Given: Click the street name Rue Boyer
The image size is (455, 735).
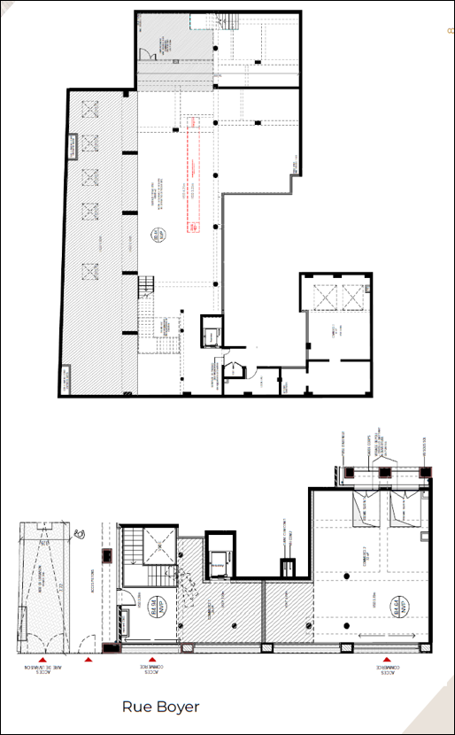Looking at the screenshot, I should pos(160,707).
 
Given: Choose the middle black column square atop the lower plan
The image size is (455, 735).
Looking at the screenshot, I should pos(384,471).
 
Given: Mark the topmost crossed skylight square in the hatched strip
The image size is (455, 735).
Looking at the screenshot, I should pos(88,108).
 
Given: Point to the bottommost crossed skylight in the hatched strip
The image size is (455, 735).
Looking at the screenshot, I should pos(88,270).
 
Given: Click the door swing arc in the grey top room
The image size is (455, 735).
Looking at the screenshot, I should pos(150,56).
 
